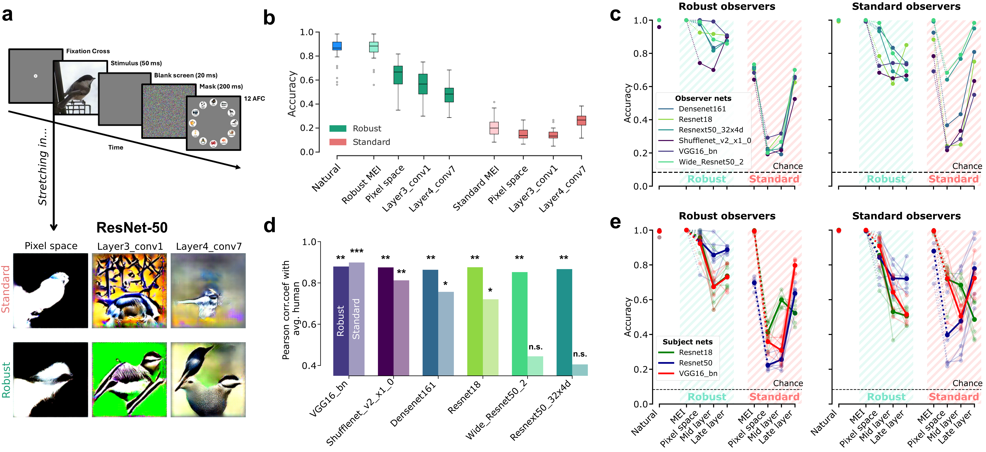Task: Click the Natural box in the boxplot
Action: click(337, 46)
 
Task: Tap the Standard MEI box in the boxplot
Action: click(494, 128)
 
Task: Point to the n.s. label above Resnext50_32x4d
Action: click(580, 354)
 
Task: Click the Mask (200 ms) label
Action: click(221, 86)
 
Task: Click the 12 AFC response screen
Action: click(213, 123)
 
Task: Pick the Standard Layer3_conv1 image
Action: click(129, 291)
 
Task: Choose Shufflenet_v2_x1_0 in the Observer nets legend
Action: click(714, 140)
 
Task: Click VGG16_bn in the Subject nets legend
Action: click(698, 373)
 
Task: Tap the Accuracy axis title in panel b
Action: click(292, 94)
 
